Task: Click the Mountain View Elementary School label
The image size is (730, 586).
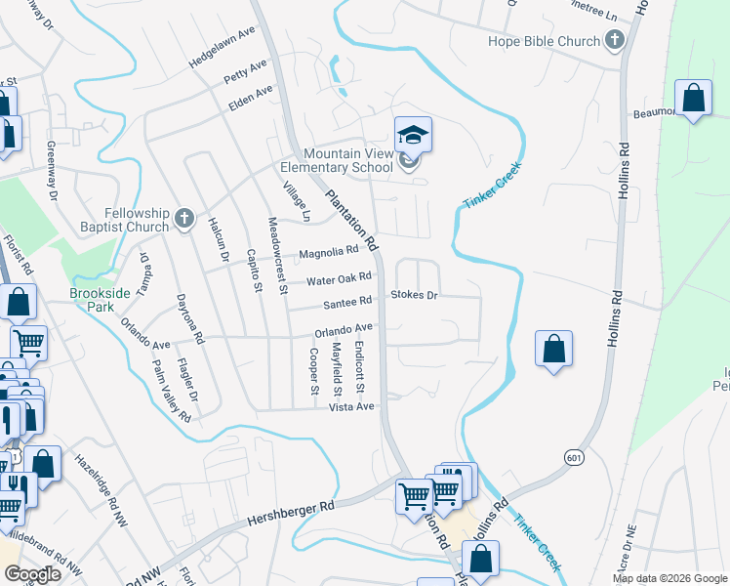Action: pos(347,161)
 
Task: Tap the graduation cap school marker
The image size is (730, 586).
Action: pos(413,136)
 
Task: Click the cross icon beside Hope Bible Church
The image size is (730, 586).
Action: pos(614,41)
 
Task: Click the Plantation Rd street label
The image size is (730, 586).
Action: pos(352,217)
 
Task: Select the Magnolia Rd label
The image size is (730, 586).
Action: pos(328,253)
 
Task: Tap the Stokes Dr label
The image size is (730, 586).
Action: pos(415,294)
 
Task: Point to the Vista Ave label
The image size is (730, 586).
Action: pos(351,406)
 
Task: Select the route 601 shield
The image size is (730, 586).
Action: pos(573,456)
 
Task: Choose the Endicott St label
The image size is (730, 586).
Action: pos(360,361)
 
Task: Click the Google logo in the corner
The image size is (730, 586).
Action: pos(33,574)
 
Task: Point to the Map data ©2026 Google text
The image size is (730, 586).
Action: pos(669,578)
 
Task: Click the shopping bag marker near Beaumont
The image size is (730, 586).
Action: pos(693,99)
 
